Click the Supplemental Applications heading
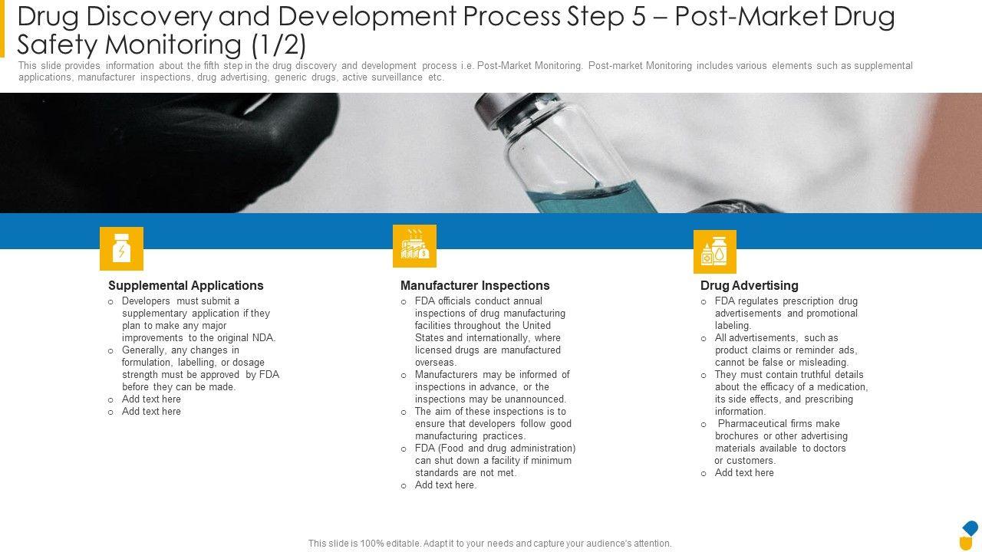tap(186, 286)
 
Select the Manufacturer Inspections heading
tap(475, 286)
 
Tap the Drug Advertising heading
tap(750, 286)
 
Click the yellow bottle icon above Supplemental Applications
tap(121, 248)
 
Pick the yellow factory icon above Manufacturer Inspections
tap(414, 246)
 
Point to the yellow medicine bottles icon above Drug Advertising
tap(715, 251)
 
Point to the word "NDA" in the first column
tap(263, 338)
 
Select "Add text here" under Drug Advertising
tap(744, 473)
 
